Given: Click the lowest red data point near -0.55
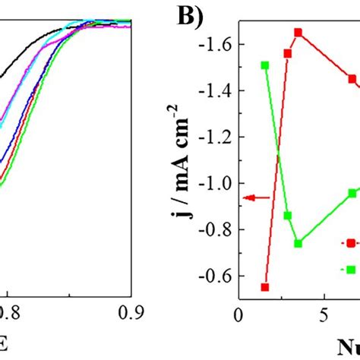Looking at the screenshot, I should coord(264,287).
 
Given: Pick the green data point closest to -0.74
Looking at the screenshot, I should coord(298,243).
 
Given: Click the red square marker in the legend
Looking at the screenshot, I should coord(352,243).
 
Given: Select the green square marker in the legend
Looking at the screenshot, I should coord(352,268).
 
